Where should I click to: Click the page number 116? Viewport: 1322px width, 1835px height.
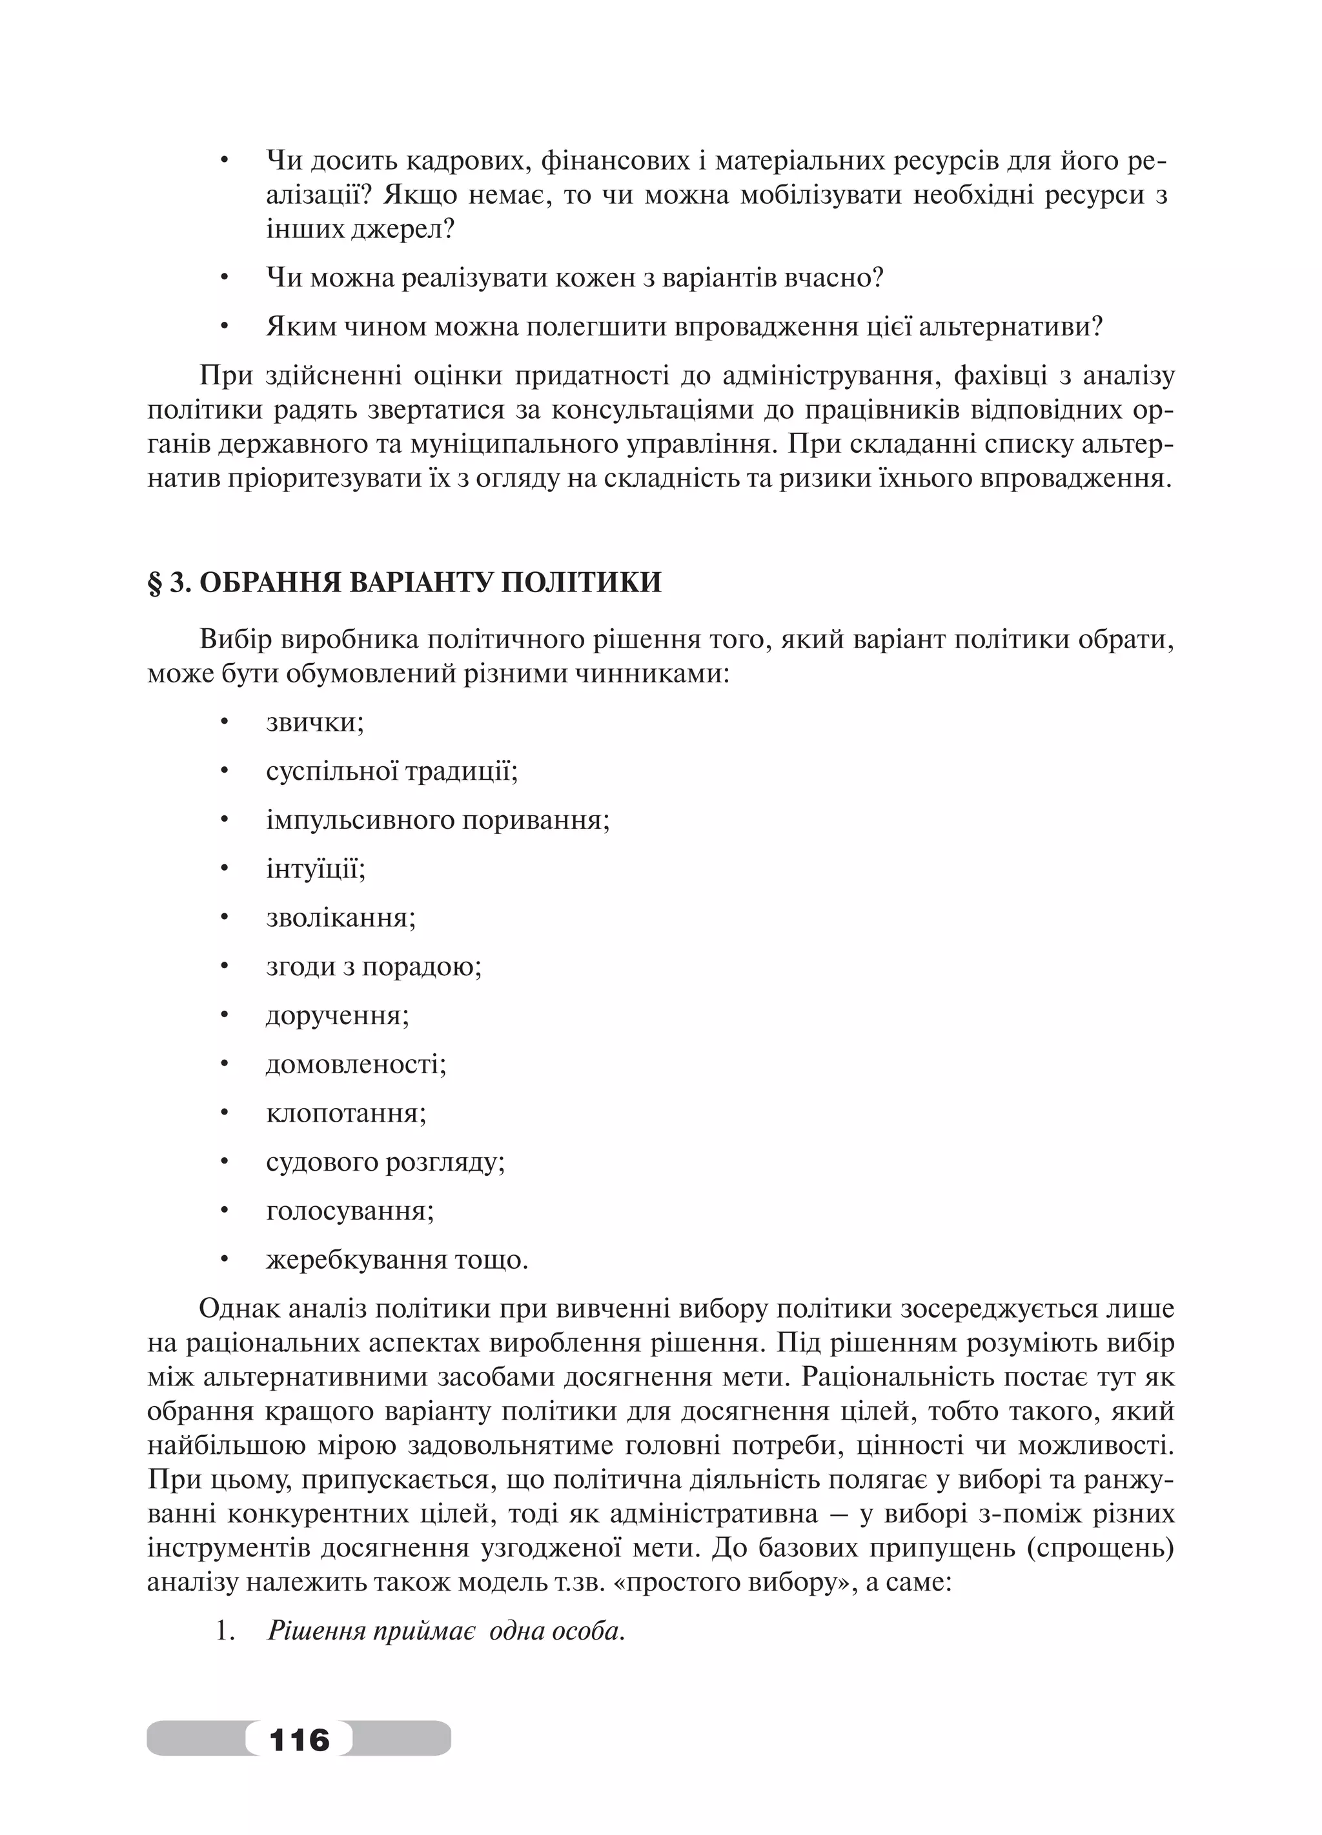pyautogui.click(x=299, y=1738)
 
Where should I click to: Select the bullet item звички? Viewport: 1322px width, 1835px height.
pyautogui.click(x=315, y=722)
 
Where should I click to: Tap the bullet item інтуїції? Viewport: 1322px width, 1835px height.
pyautogui.click(x=316, y=869)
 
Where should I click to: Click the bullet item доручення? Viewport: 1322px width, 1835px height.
pyautogui.click(x=338, y=1015)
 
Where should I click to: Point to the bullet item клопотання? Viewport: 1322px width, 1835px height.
pyautogui.click(x=346, y=1113)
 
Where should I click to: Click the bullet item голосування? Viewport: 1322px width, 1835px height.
pyautogui.click(x=350, y=1211)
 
